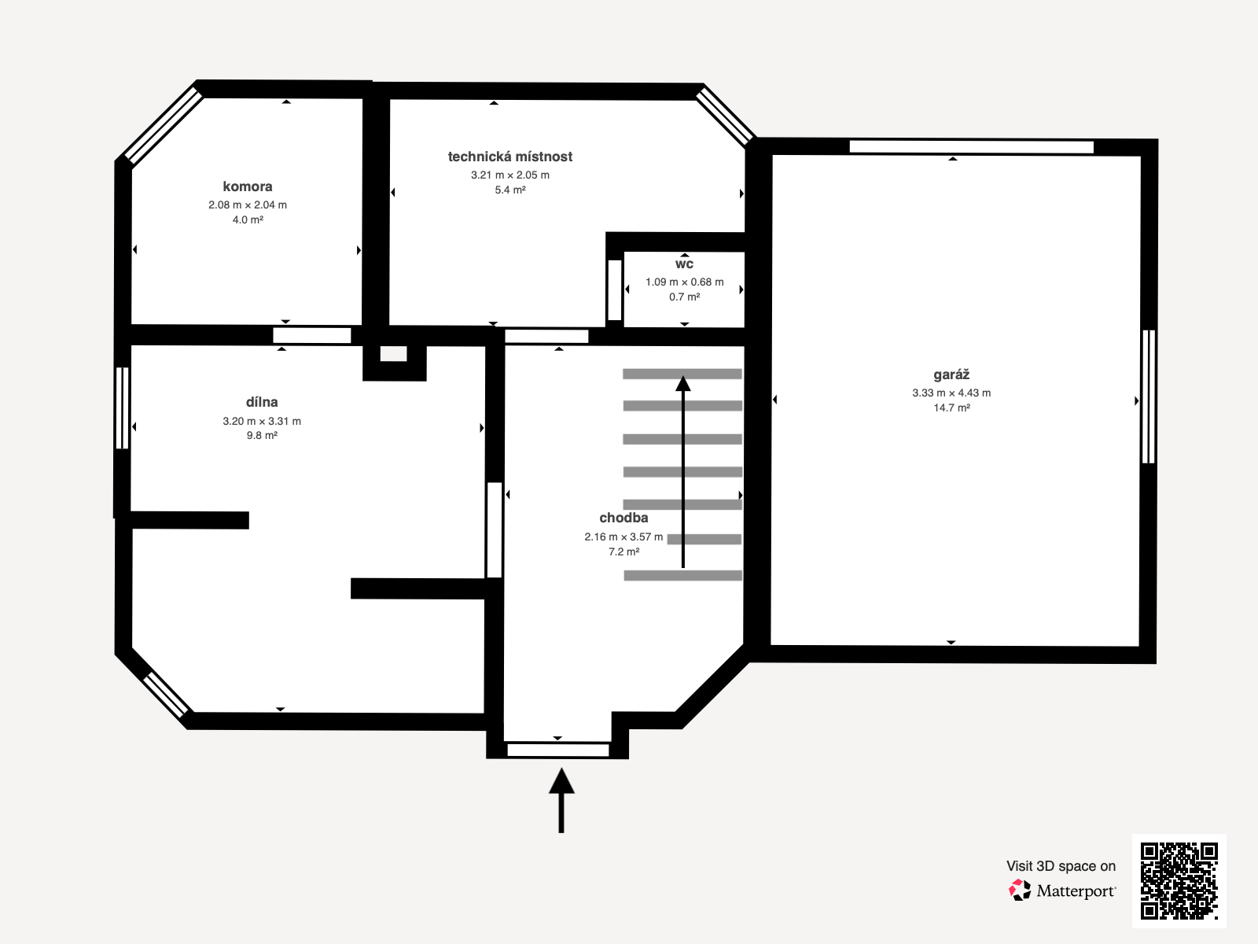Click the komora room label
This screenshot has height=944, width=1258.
click(248, 186)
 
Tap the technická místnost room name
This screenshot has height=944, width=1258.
click(509, 157)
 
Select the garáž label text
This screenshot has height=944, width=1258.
click(951, 374)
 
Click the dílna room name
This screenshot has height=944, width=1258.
click(262, 402)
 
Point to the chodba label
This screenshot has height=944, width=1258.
click(623, 518)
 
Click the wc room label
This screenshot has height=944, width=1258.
click(684, 264)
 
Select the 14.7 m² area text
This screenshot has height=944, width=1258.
click(951, 407)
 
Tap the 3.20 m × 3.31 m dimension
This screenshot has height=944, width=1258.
click(262, 421)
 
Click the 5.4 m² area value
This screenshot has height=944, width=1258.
click(509, 190)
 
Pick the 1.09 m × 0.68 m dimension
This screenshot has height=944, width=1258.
click(684, 282)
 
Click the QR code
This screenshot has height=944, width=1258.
click(1179, 880)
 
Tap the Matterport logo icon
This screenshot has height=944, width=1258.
click(1020, 890)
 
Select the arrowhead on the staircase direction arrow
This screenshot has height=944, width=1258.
click(683, 383)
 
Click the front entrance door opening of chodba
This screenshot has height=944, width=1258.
click(558, 750)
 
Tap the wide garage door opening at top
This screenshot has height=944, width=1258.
click(971, 146)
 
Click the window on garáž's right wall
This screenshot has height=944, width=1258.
click(1148, 396)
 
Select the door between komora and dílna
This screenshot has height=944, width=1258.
click(312, 335)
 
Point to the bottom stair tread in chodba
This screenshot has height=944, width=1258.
click(682, 576)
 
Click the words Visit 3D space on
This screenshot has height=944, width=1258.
click(1061, 865)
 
